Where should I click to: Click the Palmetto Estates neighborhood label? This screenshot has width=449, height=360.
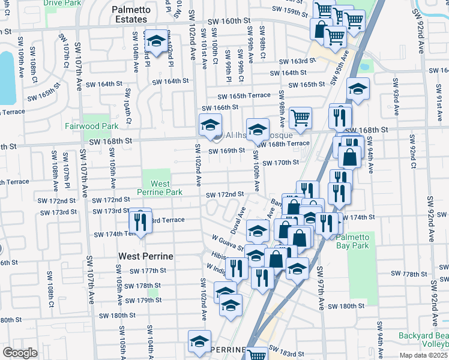(130, 14)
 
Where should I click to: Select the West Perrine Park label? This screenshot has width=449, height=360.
(157, 188)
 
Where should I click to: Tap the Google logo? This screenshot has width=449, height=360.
(20, 353)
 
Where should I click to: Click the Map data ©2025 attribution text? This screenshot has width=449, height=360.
(424, 355)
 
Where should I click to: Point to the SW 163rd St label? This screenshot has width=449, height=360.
(297, 61)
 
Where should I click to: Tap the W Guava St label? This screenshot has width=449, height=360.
(227, 243)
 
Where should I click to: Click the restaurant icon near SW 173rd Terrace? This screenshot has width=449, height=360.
(140, 221)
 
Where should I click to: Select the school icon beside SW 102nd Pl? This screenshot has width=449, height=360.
(157, 42)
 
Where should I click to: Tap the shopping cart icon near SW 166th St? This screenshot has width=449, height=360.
(300, 118)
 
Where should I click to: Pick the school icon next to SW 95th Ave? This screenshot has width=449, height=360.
(358, 89)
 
